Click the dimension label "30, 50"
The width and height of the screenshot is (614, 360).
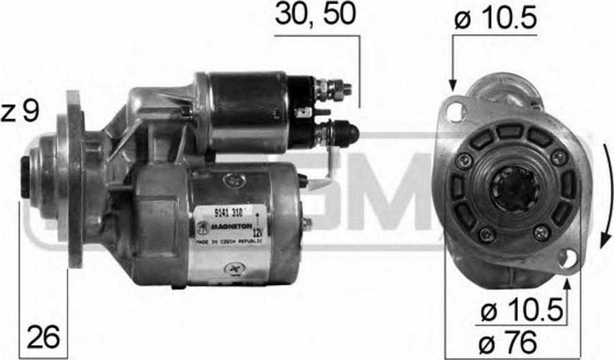pyautogui.click(x=315, y=15)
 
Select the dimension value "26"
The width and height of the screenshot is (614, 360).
pyautogui.click(x=43, y=335)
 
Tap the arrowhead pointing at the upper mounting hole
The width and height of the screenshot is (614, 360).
pyautogui.click(x=452, y=86)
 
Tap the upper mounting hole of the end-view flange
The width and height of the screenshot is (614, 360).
pyautogui.click(x=454, y=111)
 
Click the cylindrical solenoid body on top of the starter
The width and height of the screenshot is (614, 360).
pyautogui.click(x=249, y=112)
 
